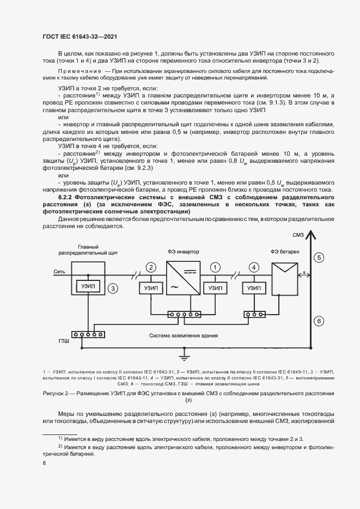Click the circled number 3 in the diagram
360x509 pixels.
coord(113,289)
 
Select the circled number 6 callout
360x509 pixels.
coord(319,321)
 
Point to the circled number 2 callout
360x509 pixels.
coord(152,267)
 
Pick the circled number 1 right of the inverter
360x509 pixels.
coord(216,267)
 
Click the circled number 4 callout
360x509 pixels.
coord(253,267)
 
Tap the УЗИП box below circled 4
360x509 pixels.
coord(254,289)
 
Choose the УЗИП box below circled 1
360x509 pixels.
coord(215,289)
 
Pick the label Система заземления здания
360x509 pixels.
coord(184,336)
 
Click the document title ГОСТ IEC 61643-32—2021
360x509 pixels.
coord(80,36)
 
